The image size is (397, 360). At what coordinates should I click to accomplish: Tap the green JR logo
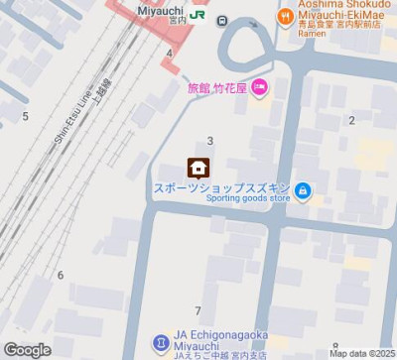(x=198, y=15)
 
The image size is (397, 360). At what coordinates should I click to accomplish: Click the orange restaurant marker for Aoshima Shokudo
(x=285, y=16)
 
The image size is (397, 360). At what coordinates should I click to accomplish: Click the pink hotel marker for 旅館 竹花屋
(x=259, y=89)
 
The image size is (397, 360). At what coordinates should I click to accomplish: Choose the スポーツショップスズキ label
(x=220, y=186)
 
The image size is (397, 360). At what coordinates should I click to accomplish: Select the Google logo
(x=27, y=349)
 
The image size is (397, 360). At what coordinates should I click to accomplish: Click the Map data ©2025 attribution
(x=361, y=353)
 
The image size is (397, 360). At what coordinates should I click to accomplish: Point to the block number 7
(x=198, y=311)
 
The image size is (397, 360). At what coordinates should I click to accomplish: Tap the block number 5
(x=25, y=117)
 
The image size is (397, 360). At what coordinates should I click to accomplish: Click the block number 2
(x=351, y=121)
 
